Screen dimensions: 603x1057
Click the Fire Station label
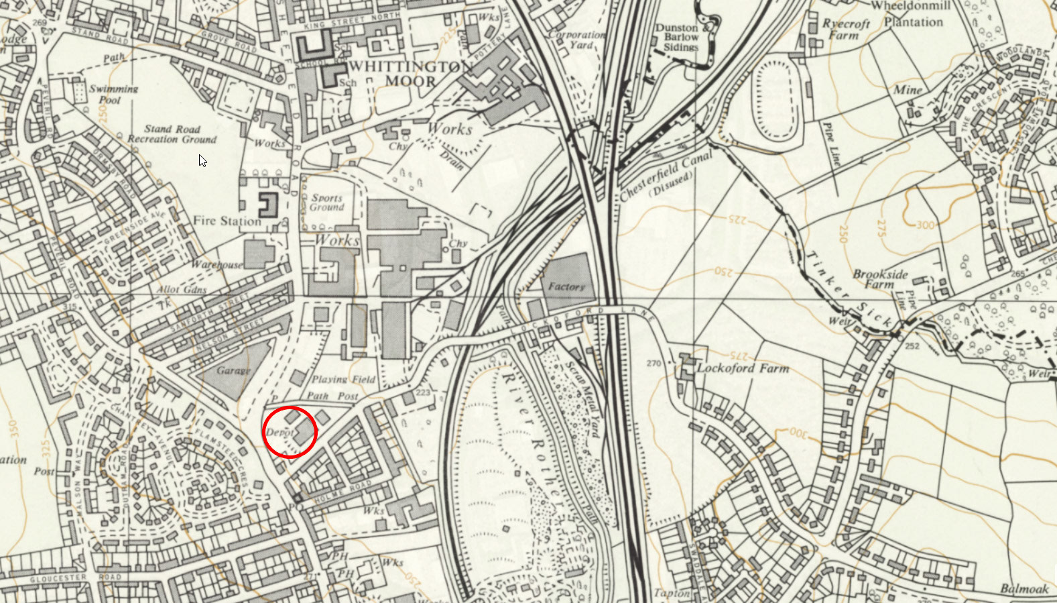tap(227, 221)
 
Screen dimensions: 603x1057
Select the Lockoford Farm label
tap(743, 368)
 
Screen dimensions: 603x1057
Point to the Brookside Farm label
tap(880, 279)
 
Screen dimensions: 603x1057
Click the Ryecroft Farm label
tap(846, 29)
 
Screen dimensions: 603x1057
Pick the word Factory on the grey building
tap(566, 286)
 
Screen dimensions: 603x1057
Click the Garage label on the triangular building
tap(233, 370)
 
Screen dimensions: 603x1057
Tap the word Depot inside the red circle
tap(280, 433)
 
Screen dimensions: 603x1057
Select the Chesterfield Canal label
tap(665, 176)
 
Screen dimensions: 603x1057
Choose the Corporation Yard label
tap(577, 40)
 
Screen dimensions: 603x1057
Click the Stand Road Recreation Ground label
tap(172, 133)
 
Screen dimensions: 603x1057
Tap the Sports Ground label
tap(326, 203)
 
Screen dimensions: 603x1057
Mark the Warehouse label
tap(216, 264)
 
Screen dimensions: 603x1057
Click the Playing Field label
tap(343, 379)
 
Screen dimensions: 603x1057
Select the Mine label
tap(908, 89)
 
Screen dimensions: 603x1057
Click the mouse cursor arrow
tap(202, 160)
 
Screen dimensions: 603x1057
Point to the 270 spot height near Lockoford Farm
tap(654, 364)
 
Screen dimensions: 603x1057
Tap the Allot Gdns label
tap(182, 290)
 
